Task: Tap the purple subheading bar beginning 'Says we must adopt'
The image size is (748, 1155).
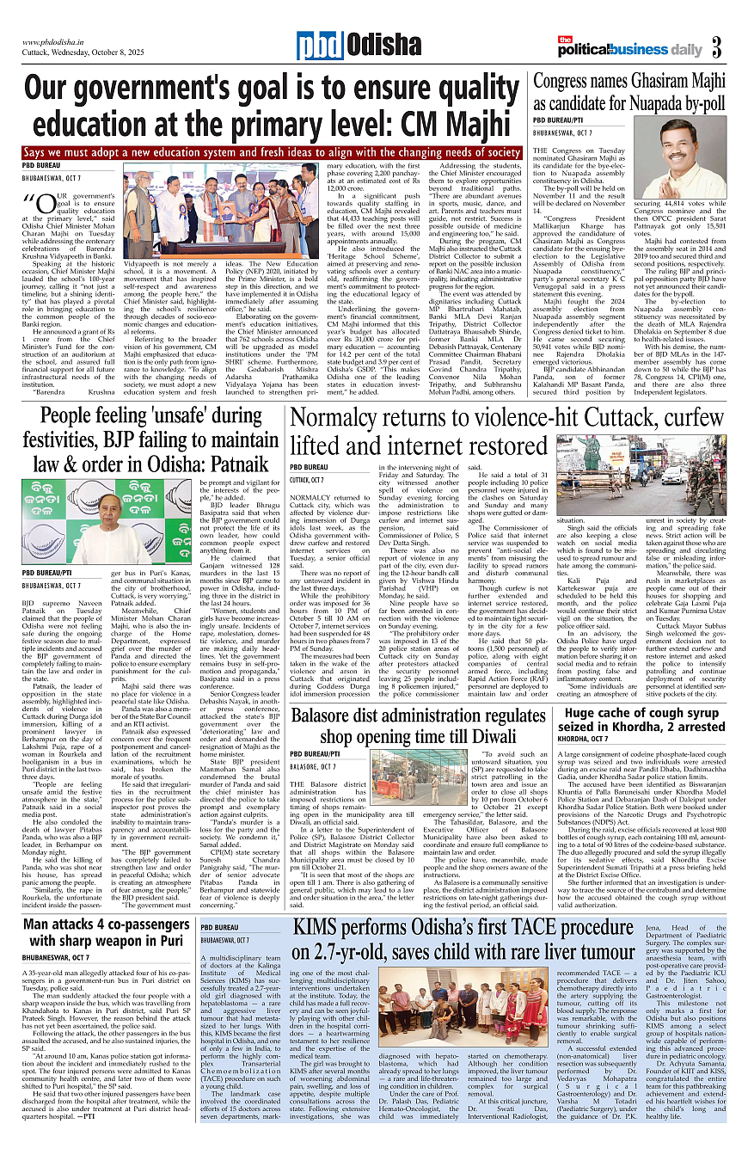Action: tap(272, 152)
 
